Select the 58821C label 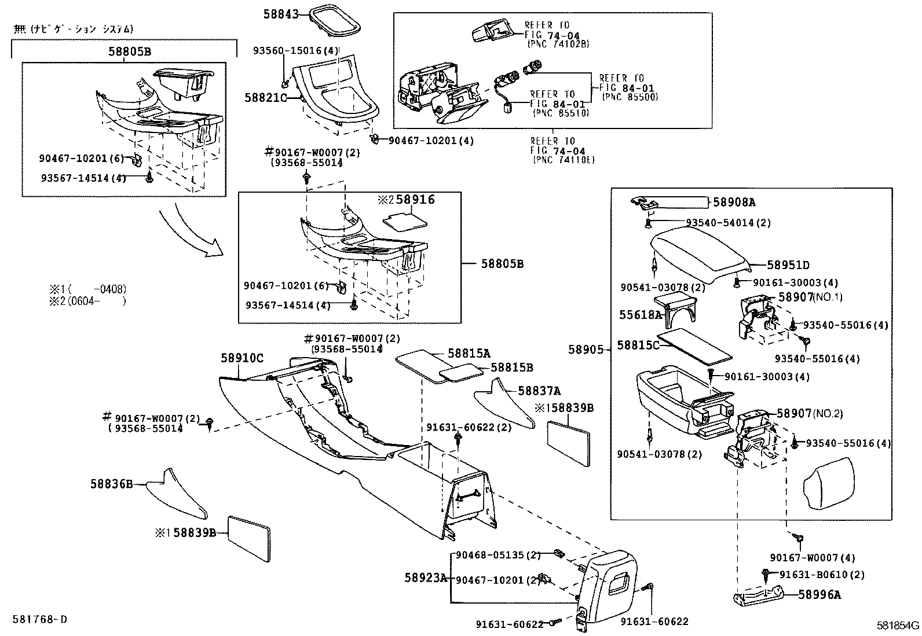(x=266, y=98)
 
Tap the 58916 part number (x=415, y=200)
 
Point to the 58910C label (x=242, y=359)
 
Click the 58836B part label (x=111, y=483)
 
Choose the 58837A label (x=539, y=392)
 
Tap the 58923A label (x=426, y=578)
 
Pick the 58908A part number (x=734, y=202)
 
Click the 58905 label (x=586, y=350)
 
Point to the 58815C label (x=638, y=345)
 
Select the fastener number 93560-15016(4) (x=295, y=51)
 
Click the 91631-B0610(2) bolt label (x=821, y=575)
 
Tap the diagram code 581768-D (x=39, y=619)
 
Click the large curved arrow (x=191, y=231)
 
